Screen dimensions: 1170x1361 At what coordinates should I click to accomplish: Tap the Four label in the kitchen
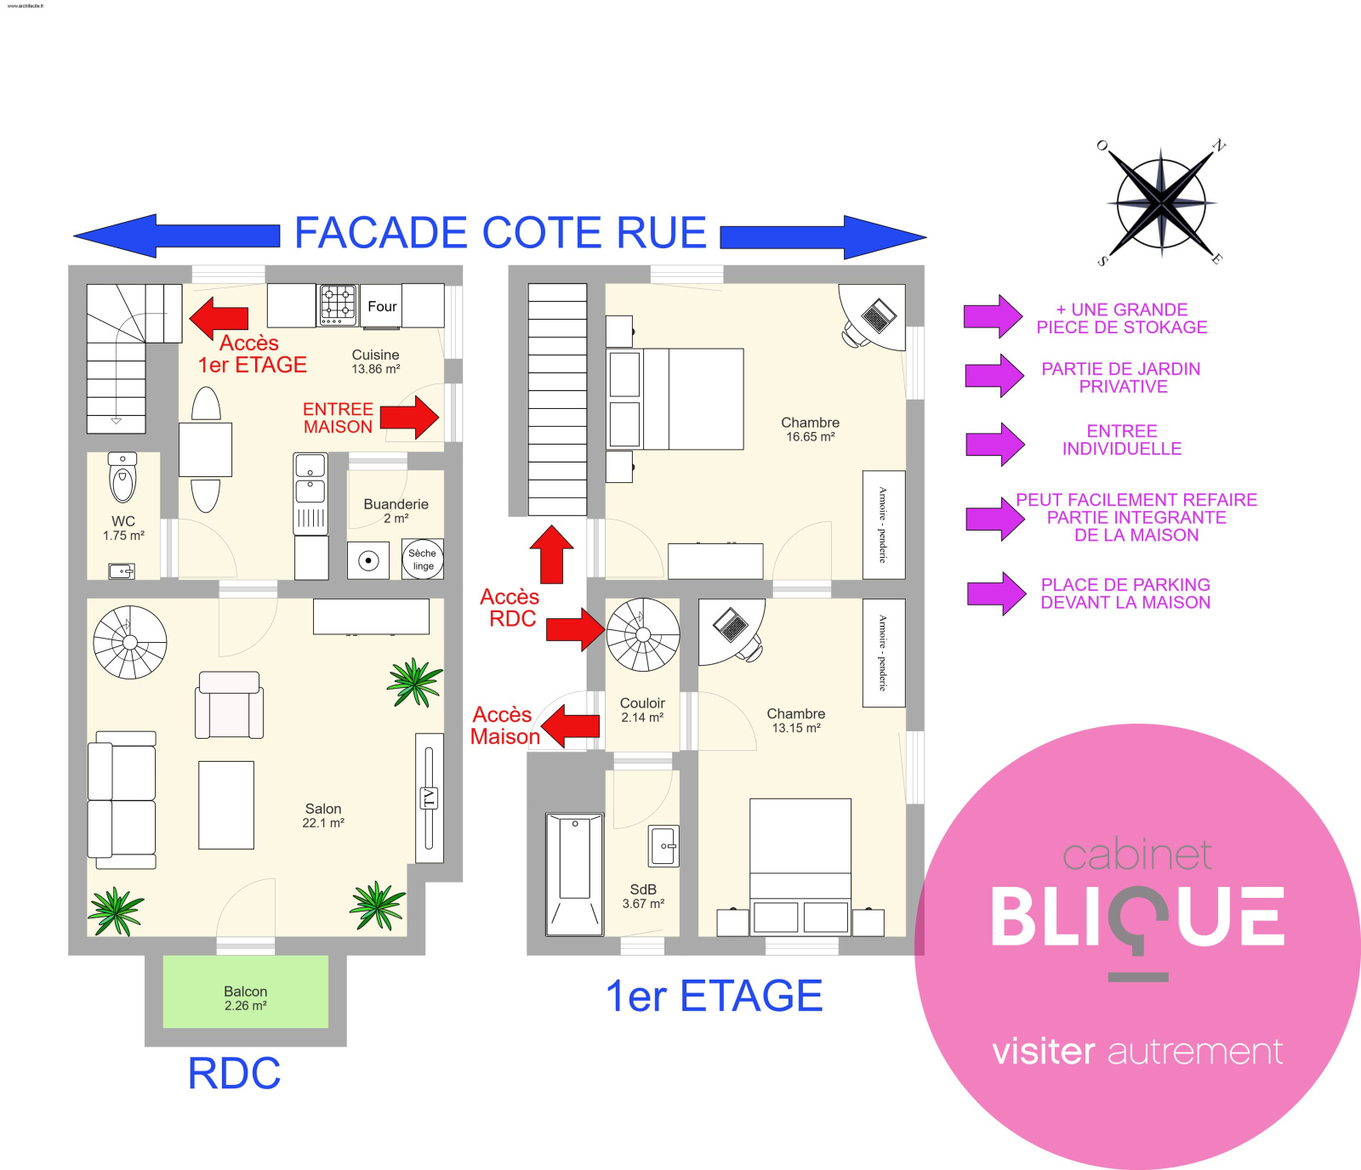click(x=382, y=306)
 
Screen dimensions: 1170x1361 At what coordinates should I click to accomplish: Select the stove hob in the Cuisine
click(x=338, y=304)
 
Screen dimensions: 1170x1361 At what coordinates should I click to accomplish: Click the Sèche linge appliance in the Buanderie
click(x=423, y=559)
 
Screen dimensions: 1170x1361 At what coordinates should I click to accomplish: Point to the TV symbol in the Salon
click(x=429, y=798)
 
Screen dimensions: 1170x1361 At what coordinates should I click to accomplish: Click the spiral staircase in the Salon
click(x=130, y=642)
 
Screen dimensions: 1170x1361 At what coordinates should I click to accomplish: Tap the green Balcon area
click(x=245, y=991)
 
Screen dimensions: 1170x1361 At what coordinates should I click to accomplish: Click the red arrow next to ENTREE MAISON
click(x=410, y=417)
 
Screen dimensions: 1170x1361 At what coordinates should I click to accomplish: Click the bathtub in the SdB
click(x=574, y=873)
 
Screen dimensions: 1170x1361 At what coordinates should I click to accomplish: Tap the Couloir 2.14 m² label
click(x=642, y=710)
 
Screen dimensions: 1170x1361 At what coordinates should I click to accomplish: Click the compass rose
click(x=1161, y=203)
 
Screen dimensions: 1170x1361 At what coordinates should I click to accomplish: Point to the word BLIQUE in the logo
click(x=1137, y=917)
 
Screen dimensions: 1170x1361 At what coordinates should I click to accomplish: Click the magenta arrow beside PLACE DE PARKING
click(x=996, y=594)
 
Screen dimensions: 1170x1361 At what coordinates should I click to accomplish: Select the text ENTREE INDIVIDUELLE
click(x=1121, y=440)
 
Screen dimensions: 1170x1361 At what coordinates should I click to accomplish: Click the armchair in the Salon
click(x=229, y=705)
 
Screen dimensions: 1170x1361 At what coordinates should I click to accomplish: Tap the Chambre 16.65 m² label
click(x=810, y=429)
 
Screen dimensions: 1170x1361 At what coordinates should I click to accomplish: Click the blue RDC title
click(x=234, y=1073)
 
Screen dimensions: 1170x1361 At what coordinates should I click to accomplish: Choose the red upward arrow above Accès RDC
click(x=552, y=554)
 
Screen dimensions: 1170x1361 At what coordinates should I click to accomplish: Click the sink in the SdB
click(x=663, y=846)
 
